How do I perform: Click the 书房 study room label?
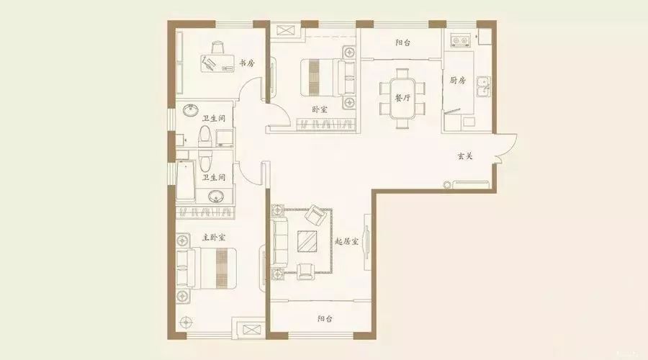point(247,63)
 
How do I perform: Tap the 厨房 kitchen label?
point(457,80)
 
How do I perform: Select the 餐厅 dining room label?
point(402,98)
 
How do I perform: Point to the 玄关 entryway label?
point(464,156)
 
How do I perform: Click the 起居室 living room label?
point(346,241)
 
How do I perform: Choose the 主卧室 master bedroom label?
point(214,238)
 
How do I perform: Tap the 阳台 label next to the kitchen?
point(402,42)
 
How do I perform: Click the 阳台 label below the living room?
point(325,319)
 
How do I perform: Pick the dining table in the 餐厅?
point(402,99)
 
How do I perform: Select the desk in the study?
point(217,63)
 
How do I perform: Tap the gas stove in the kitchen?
point(461,40)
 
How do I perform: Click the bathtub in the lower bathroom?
point(185,181)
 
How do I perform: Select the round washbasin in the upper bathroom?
point(191,111)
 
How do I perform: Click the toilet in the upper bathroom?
point(204,138)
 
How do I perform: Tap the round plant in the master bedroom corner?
point(186,321)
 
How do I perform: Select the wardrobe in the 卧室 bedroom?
point(326,125)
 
